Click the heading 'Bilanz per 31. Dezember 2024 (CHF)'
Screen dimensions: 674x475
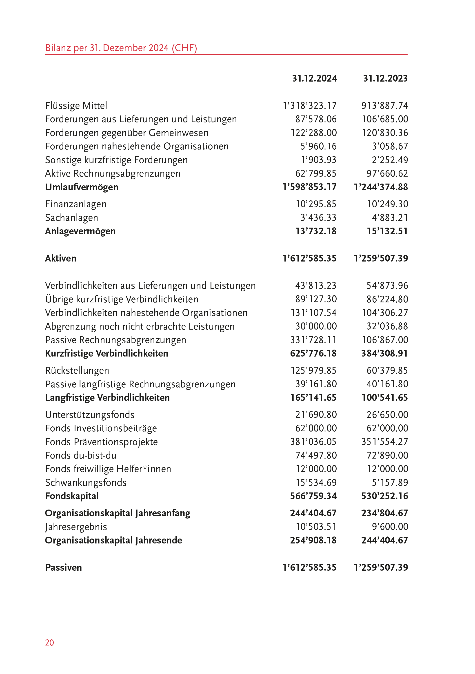(x=121, y=48)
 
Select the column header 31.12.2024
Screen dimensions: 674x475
(x=314, y=78)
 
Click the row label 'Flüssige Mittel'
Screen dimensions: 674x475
(x=76, y=106)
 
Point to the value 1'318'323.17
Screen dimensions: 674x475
(x=309, y=106)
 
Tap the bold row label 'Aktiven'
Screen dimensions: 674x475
(x=60, y=258)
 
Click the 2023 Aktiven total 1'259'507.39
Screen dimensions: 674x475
(x=381, y=258)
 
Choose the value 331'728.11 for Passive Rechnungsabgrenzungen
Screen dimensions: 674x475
(x=313, y=340)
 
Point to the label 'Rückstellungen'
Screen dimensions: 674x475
(x=77, y=370)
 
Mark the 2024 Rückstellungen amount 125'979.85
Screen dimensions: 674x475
(x=313, y=370)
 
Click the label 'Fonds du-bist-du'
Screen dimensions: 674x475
(x=81, y=455)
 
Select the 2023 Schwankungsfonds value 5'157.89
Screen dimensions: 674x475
(x=390, y=483)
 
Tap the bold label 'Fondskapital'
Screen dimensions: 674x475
(x=72, y=496)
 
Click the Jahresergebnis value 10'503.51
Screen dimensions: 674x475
(x=316, y=527)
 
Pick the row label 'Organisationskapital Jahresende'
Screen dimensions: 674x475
(x=113, y=540)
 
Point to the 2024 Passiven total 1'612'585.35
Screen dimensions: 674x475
(x=309, y=568)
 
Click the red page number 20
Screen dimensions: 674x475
(x=49, y=643)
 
